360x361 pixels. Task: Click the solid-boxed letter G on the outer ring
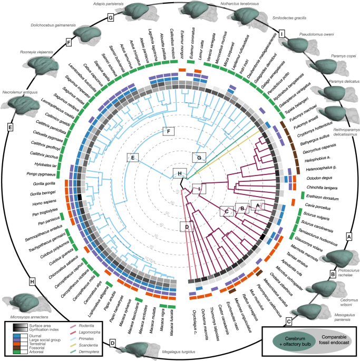coord(111,18)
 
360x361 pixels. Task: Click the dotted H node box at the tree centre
coord(180,173)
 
